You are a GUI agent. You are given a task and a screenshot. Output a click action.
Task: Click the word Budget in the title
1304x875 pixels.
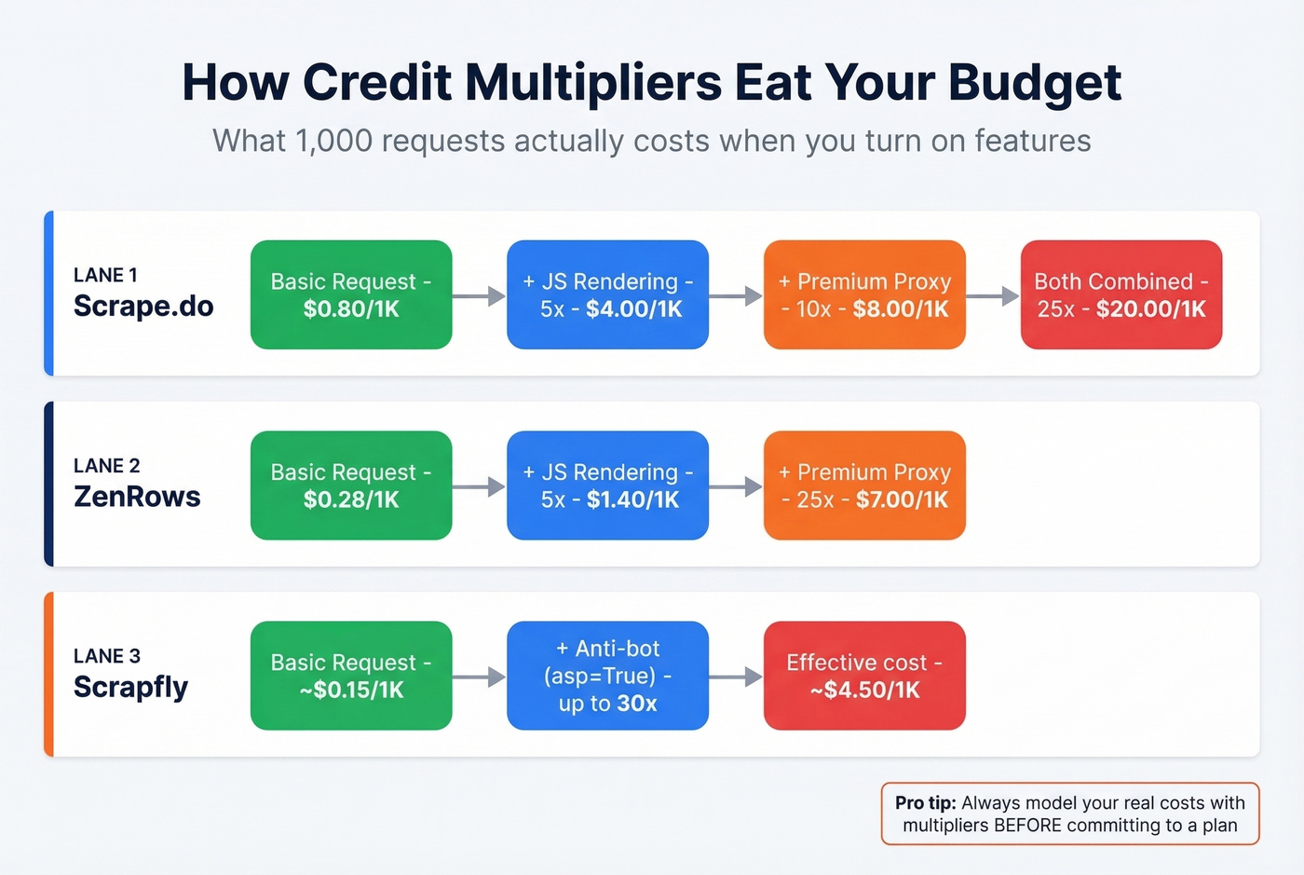click(1035, 83)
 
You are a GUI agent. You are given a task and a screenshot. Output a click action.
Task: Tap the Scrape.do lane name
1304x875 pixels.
click(143, 306)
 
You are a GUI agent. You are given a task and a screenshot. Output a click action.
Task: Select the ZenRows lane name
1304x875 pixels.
click(137, 497)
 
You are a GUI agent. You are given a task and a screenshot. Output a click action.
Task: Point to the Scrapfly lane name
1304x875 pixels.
click(130, 687)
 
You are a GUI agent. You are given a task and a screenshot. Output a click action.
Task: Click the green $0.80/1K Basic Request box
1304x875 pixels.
click(351, 295)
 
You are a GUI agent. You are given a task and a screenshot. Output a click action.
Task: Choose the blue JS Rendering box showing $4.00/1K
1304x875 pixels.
click(607, 295)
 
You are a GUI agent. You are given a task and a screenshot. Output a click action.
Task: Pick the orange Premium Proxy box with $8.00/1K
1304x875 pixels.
click(864, 295)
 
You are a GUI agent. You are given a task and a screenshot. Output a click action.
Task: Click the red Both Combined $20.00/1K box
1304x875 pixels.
click(1121, 295)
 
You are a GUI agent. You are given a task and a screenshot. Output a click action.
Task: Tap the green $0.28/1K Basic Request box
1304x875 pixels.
click(351, 485)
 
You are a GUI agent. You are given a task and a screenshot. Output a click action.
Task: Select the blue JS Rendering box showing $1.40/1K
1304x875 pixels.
click(607, 485)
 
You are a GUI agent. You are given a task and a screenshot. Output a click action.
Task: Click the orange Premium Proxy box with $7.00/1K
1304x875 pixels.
click(864, 485)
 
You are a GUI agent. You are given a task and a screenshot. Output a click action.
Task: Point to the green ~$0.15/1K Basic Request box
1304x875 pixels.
click(351, 676)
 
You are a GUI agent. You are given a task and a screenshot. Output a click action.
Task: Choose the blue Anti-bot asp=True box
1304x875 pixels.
click(607, 676)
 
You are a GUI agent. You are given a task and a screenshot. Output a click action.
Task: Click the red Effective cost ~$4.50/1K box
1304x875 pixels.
click(864, 676)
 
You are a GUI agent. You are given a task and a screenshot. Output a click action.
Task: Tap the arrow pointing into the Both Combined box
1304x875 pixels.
click(993, 296)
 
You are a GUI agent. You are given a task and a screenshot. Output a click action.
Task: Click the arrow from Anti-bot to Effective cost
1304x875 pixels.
click(736, 677)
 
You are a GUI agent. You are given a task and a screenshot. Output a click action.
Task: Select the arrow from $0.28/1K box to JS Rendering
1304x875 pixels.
click(479, 486)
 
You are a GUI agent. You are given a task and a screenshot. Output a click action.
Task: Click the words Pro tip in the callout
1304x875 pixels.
click(925, 803)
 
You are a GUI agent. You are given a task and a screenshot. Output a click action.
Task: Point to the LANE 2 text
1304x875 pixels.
click(106, 466)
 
